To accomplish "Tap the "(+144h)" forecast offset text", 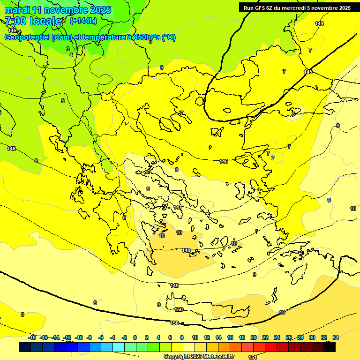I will (x=83, y=21).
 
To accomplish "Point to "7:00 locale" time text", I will (x=33, y=21).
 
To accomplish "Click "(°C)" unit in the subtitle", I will (x=169, y=37).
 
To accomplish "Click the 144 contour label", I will (x=319, y=23).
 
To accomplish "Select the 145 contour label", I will (x=308, y=72).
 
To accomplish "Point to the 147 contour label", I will (x=178, y=207).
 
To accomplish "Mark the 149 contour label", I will (x=174, y=285).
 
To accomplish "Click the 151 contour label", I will (x=252, y=357).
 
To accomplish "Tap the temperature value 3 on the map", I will (x=67, y=49).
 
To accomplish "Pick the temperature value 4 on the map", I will (x=71, y=55).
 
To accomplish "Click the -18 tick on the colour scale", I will (x=32, y=337).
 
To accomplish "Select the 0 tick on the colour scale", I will (x=135, y=337).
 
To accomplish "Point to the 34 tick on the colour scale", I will (x=336, y=337).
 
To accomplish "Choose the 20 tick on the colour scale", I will (x=253, y=337).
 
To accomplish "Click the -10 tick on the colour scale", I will (x=79, y=337).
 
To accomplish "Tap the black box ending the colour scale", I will (x=329, y=347).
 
